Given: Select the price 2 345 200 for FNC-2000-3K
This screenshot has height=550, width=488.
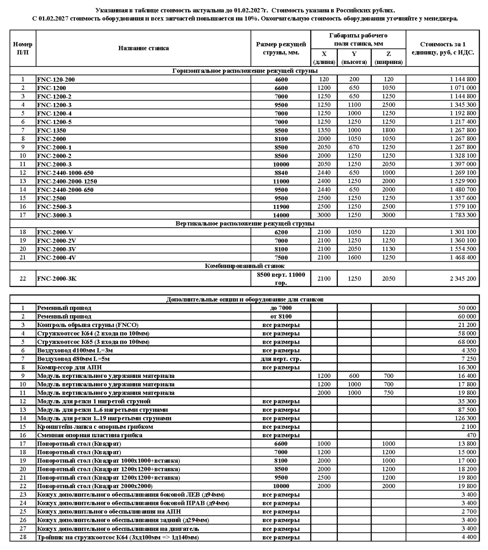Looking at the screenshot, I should point(462,279).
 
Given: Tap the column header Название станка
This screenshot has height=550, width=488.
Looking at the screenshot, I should point(143,48).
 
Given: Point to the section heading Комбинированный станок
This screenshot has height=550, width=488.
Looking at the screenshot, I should point(244,266).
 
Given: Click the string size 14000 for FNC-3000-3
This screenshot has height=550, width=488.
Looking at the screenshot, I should point(281,215).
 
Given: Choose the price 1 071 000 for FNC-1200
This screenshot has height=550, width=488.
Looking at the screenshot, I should point(462,88).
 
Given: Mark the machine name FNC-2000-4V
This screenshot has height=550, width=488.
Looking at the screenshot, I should point(57,258).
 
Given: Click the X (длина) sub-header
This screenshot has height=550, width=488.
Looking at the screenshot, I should point(324,58).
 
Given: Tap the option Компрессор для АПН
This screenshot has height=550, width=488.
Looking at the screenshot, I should point(69,367).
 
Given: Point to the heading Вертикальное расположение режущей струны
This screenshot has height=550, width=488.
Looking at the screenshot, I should point(244,223).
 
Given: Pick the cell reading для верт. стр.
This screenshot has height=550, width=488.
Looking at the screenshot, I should point(281,359).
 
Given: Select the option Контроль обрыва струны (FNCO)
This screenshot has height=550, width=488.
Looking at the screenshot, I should point(88,325).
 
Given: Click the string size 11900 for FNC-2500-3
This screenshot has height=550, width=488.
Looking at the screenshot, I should point(281,207).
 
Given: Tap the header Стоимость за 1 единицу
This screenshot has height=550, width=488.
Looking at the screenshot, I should point(443,48).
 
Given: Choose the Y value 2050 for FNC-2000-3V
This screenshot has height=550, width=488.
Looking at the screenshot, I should point(354,249).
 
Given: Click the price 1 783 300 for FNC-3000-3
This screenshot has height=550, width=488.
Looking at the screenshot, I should point(462,215).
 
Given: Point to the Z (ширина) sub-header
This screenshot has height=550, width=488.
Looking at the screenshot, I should point(388,58).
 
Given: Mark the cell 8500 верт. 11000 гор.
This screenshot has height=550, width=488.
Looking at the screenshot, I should point(281,279).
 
